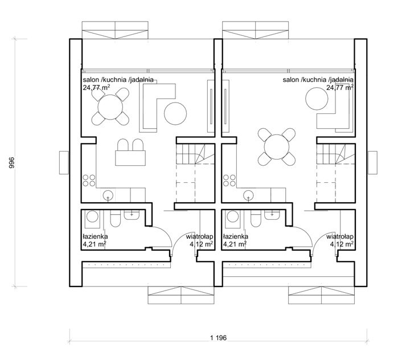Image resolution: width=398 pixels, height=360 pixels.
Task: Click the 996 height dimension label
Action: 12,163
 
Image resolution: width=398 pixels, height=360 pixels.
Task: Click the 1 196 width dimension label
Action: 218,338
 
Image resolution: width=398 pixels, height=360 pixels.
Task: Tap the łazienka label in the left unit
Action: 95,236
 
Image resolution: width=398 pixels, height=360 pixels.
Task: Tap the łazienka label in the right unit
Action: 236,236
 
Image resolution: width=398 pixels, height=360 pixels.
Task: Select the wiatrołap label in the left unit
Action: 199,237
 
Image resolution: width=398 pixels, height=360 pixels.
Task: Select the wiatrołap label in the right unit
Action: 340,237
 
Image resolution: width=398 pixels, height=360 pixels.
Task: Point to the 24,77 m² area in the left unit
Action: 96,88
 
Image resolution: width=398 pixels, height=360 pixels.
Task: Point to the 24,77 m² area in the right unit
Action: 340,88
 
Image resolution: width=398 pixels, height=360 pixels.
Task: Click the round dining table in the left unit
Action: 110,107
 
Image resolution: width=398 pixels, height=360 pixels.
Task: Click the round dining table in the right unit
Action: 276,147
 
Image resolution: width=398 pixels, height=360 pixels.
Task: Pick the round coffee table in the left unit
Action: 175,113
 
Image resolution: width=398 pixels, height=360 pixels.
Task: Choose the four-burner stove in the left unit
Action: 89,181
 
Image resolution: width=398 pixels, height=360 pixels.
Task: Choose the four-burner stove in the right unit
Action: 229,181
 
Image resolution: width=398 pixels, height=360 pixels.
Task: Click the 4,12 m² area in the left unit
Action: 202,244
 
